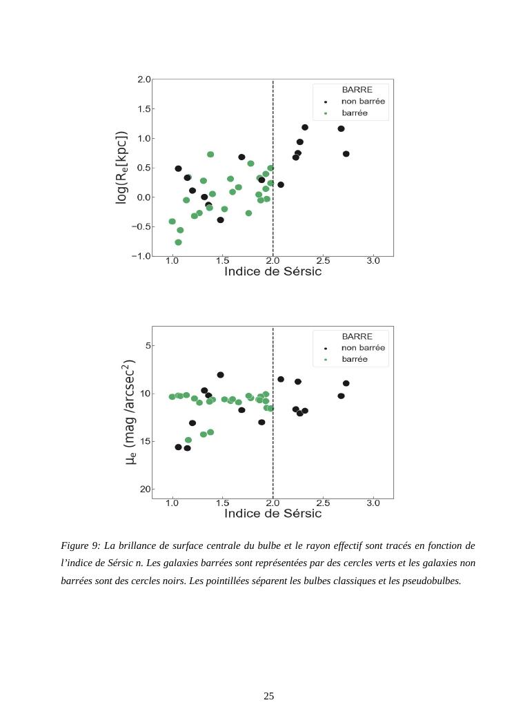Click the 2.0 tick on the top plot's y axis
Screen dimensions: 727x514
pos(144,80)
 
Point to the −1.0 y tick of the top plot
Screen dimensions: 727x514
pos(141,256)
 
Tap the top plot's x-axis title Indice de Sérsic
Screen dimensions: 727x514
pos(273,271)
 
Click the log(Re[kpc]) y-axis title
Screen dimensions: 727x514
pos(121,168)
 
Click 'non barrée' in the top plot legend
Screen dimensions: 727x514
pos(363,101)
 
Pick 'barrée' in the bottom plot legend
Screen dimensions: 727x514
pos(355,360)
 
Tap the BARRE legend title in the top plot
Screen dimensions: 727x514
pos(357,90)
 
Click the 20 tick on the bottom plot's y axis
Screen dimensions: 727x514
pos(145,489)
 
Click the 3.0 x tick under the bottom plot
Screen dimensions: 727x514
pos(373,503)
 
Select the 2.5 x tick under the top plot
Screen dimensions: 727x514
pos(323,261)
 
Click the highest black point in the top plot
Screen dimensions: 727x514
pos(305,128)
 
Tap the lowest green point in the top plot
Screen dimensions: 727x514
pos(178,242)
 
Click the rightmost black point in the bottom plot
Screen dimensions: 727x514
pos(346,383)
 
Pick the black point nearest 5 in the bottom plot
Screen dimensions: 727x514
pos(221,375)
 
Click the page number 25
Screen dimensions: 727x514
pos(269,696)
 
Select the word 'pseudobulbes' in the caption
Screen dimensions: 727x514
pos(432,581)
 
